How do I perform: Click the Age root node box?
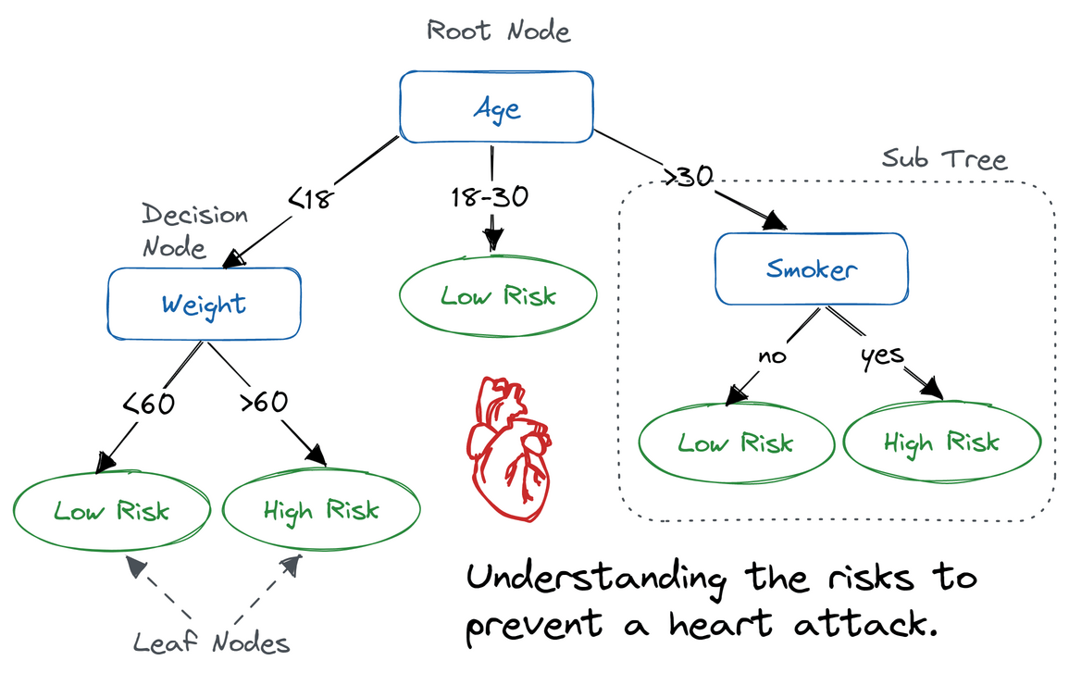click(496, 107)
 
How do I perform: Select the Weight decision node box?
click(205, 305)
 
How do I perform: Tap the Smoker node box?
click(811, 268)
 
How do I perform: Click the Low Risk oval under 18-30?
click(498, 296)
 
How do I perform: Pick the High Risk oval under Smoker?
click(940, 442)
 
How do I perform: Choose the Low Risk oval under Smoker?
click(735, 442)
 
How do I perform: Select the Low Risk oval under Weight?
click(111, 510)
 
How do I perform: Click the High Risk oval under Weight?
click(321, 510)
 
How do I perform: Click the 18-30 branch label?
click(491, 198)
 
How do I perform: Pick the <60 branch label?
click(148, 404)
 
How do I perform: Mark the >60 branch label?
click(263, 403)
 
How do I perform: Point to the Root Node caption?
click(498, 31)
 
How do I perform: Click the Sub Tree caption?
click(943, 158)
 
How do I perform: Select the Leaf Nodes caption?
click(212, 642)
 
